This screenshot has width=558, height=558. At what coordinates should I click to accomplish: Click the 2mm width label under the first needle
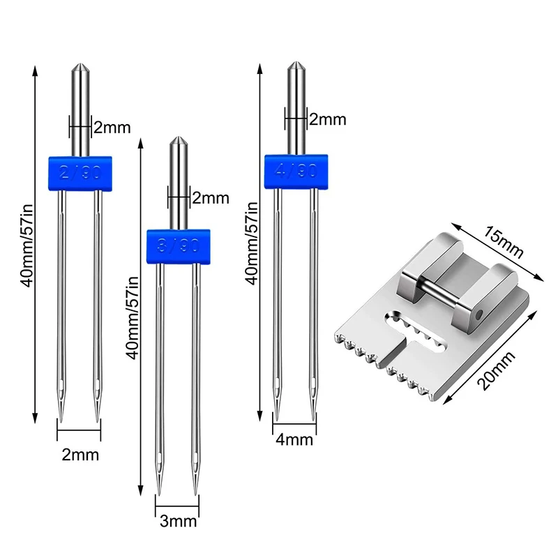(80, 455)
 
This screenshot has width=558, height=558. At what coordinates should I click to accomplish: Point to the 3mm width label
(179, 521)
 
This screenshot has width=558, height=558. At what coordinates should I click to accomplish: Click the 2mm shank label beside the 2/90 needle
(112, 127)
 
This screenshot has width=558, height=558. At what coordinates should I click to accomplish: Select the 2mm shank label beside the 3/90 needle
(211, 198)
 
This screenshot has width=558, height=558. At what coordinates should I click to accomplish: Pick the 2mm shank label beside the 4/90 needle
(328, 119)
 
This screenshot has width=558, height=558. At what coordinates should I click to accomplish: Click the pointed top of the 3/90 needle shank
(179, 142)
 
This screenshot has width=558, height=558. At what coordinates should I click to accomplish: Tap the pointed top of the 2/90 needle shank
(79, 68)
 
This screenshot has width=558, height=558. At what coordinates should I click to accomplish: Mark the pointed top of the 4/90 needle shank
(296, 67)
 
